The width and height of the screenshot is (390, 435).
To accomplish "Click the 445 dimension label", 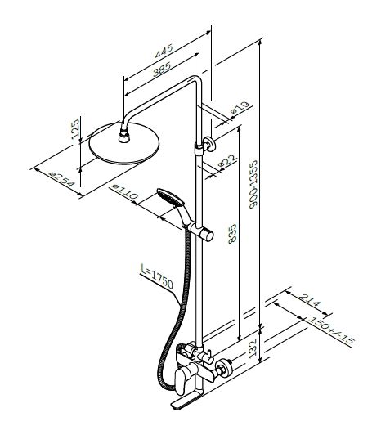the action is (x=164, y=52).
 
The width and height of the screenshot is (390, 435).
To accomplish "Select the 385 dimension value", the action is (x=162, y=70).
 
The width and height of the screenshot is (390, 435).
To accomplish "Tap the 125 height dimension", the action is (x=75, y=129).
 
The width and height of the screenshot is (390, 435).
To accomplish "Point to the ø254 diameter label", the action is (x=62, y=180).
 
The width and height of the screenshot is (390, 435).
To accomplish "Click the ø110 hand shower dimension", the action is (x=125, y=192).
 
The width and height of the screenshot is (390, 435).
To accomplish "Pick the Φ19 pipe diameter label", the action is (x=240, y=108).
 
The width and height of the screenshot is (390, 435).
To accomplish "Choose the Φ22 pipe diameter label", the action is (x=228, y=161).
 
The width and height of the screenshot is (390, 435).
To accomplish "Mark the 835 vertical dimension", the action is (x=232, y=234).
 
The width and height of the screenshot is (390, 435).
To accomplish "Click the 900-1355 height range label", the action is (x=253, y=184).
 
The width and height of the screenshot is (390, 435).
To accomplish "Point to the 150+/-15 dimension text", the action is (x=331, y=330).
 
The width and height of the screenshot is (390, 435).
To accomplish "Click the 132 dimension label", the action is (x=252, y=348).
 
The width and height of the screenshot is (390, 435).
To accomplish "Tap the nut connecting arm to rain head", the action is (x=124, y=137).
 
